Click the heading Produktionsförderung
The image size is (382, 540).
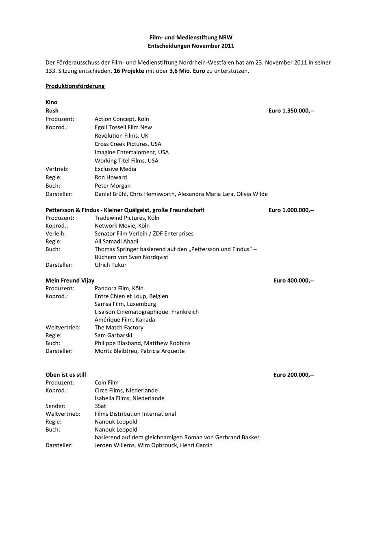tap(75, 86)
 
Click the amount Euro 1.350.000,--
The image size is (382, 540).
tap(291, 110)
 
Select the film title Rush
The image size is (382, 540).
tap(52, 110)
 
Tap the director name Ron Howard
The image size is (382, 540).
tap(111, 177)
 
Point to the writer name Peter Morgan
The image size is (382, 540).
tap(113, 186)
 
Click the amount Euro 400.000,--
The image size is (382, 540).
tap(293, 281)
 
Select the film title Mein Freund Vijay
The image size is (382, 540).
tap(70, 281)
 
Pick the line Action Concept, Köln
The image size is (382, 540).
tap(122, 119)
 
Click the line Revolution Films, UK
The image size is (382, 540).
tap(122, 136)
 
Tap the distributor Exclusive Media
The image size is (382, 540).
tap(115, 169)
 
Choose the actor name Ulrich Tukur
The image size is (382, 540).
tap(111, 265)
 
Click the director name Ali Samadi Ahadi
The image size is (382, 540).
tap(116, 241)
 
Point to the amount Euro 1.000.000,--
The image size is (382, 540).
tap(291, 210)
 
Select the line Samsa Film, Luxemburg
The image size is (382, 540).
tap(125, 304)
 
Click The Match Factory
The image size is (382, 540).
tap(119, 327)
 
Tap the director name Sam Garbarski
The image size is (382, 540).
tap(113, 335)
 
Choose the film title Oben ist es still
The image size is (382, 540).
tap(66, 375)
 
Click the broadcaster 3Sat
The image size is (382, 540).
tap(100, 406)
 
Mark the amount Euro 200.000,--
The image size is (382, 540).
tap(293, 375)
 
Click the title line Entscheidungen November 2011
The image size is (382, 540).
tap(191, 46)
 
